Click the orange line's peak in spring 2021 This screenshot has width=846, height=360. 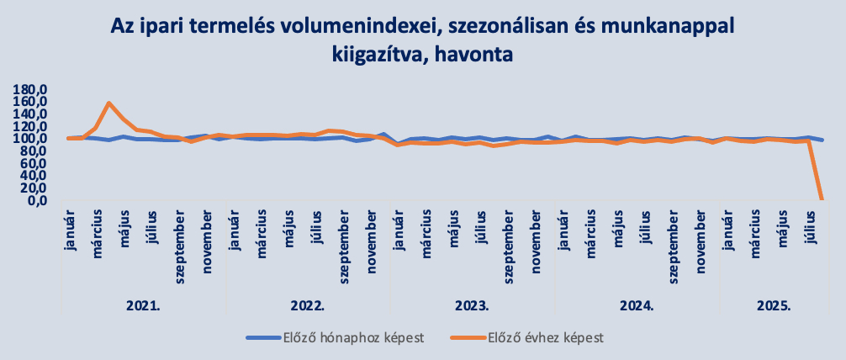(109, 103)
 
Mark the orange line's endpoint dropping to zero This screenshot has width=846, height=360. (822, 199)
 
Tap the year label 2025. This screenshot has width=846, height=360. (775, 304)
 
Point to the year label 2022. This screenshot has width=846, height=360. (309, 304)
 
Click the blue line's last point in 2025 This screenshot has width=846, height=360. (822, 140)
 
